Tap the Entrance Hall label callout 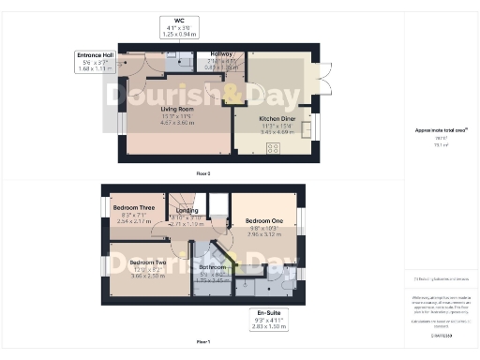click(95, 61)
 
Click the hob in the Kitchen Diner click(275, 147)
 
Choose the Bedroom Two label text click(148, 262)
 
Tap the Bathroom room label click(211, 267)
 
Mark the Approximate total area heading click(440, 131)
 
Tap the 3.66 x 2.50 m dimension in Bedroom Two click(148, 276)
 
